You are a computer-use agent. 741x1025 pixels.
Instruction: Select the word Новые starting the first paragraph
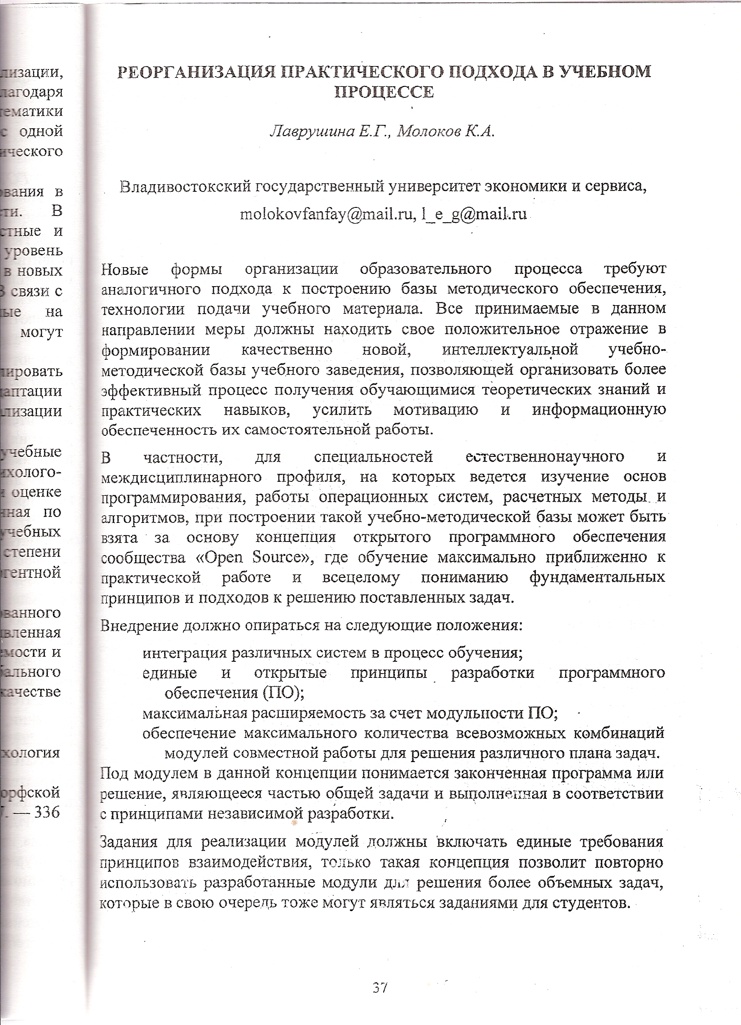click(x=125, y=270)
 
